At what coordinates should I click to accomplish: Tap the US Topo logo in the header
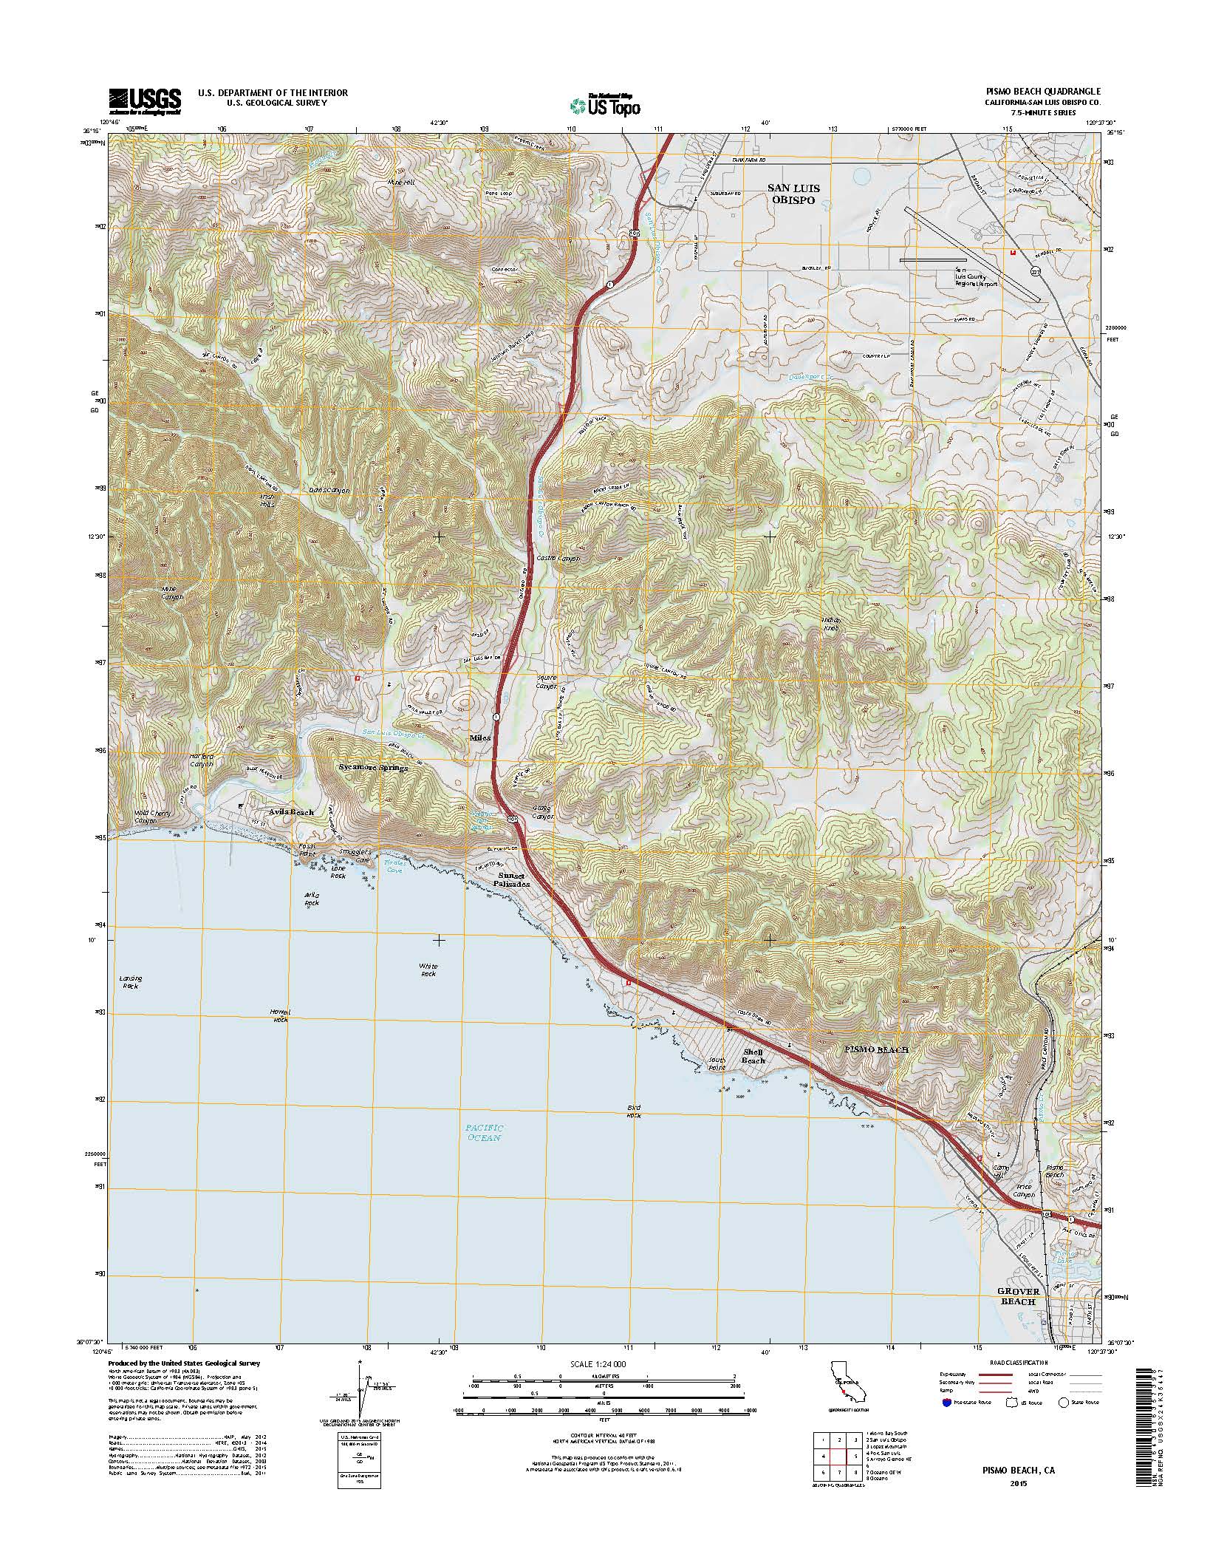605,106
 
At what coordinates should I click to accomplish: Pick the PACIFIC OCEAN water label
484,1153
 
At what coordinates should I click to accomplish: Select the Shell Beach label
753,1056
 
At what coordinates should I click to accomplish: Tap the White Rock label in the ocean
428,970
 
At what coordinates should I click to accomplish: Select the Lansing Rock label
131,981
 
